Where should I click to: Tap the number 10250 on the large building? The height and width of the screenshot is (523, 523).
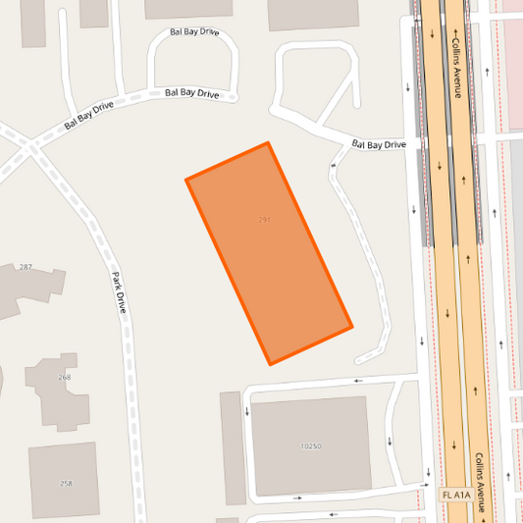tap(310, 446)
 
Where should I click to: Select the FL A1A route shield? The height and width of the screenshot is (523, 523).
tap(455, 496)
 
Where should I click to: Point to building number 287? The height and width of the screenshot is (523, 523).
tap(26, 267)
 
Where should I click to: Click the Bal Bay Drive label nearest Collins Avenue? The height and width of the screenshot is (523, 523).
tap(379, 145)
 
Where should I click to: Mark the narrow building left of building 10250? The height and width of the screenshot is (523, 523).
tap(233, 447)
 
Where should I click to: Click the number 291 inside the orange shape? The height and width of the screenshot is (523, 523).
tap(265, 220)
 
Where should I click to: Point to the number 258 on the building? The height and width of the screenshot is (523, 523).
tap(66, 483)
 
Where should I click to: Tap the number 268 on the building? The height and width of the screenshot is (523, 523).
tap(64, 377)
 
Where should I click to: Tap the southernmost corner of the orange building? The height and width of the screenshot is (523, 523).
tap(270, 364)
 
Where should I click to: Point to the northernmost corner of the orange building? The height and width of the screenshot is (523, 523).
tap(268, 143)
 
